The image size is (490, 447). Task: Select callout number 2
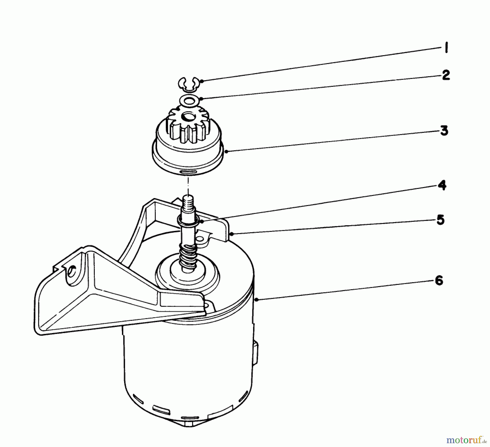(446, 75)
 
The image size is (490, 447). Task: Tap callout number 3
(444, 131)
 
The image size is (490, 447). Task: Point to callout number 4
(442, 186)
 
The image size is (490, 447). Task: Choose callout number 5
(440, 220)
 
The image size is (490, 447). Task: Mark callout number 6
(439, 280)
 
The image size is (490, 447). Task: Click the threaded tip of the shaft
(187, 202)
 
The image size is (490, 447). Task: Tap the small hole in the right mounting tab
(200, 239)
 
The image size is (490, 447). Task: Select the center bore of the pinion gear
(187, 118)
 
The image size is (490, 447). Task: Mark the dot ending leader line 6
(256, 299)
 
